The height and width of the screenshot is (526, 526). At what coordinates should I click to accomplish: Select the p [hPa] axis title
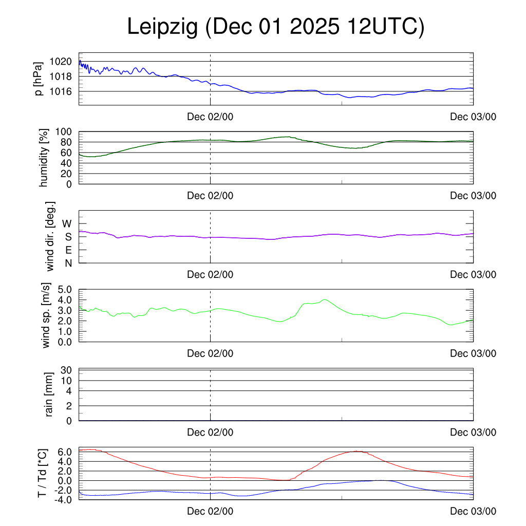pyautogui.click(x=39, y=79)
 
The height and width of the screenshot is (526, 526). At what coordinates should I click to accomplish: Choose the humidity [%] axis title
pyautogui.click(x=44, y=158)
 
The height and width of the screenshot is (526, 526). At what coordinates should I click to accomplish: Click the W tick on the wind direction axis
pyautogui.click(x=67, y=224)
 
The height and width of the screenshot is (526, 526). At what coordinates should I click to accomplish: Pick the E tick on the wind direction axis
pyautogui.click(x=68, y=250)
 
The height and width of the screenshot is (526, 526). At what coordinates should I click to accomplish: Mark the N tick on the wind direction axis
pyautogui.click(x=68, y=263)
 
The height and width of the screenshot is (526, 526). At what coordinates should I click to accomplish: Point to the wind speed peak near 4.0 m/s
pyautogui.click(x=325, y=299)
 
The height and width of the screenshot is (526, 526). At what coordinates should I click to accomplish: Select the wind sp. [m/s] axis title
pyautogui.click(x=47, y=316)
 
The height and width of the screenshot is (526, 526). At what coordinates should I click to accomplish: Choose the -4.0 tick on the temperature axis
pyautogui.click(x=62, y=500)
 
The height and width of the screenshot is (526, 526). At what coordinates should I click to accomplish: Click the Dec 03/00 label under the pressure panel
pyautogui.click(x=473, y=117)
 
